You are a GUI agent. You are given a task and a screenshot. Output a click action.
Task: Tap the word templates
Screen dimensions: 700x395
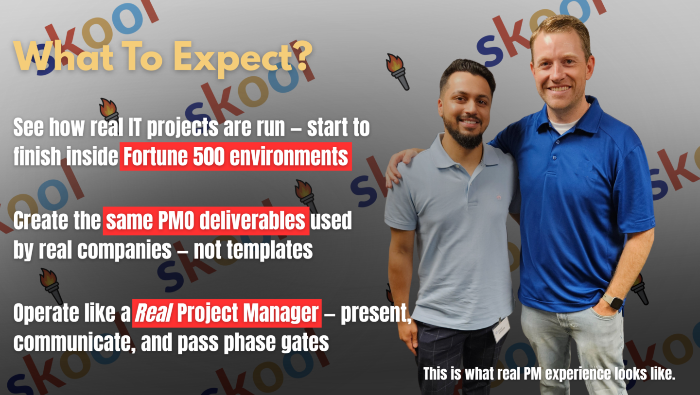269,250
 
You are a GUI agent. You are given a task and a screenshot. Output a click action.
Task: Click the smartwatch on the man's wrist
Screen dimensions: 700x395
613,302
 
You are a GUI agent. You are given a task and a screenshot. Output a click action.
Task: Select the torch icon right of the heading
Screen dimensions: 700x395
398,72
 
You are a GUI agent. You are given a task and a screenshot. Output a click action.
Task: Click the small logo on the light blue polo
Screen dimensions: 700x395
499,197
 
